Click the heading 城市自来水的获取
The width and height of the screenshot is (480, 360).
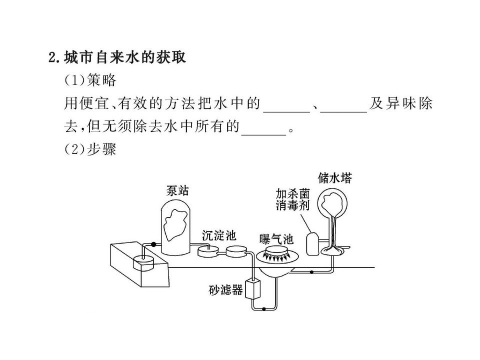click(x=125, y=57)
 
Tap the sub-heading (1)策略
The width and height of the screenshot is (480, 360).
click(x=90, y=80)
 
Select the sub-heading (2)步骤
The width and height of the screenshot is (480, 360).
click(x=90, y=149)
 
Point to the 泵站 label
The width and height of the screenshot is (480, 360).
click(x=177, y=190)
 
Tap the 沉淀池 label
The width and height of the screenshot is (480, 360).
click(x=219, y=235)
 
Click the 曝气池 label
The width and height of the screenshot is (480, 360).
click(x=276, y=239)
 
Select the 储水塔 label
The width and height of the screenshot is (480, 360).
click(x=335, y=177)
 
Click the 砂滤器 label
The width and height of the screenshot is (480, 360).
click(x=225, y=289)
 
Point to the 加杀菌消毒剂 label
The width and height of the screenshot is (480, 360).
click(x=292, y=199)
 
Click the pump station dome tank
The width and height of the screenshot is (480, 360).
click(x=175, y=226)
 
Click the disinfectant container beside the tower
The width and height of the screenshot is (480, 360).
click(x=313, y=243)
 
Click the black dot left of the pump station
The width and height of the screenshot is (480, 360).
click(x=153, y=244)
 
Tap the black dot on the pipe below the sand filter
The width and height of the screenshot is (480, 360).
click(x=264, y=309)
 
